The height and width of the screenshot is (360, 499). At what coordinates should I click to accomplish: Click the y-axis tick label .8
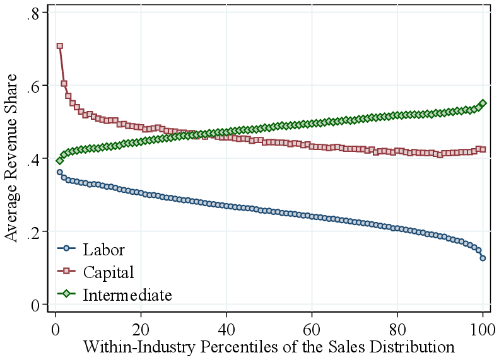(x=33, y=14)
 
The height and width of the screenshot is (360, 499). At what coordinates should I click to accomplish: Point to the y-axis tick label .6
(x=33, y=86)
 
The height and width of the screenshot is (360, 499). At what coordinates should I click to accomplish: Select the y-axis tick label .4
(x=33, y=160)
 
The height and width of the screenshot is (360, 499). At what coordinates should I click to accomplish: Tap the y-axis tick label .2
(x=33, y=232)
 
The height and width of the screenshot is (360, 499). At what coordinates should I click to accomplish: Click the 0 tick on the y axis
(x=35, y=305)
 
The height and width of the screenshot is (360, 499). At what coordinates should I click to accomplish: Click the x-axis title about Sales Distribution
(x=268, y=347)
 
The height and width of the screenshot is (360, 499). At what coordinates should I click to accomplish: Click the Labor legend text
(x=103, y=250)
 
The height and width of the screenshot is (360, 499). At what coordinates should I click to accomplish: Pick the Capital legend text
(x=109, y=272)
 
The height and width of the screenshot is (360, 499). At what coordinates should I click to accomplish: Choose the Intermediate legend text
(x=127, y=294)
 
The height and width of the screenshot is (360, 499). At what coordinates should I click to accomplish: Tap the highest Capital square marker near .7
(x=60, y=46)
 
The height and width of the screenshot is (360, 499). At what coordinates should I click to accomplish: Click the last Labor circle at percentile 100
(x=483, y=258)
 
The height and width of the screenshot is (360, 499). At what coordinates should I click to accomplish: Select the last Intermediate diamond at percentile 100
(x=483, y=103)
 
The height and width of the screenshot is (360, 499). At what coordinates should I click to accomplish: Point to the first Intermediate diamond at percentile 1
(x=60, y=161)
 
